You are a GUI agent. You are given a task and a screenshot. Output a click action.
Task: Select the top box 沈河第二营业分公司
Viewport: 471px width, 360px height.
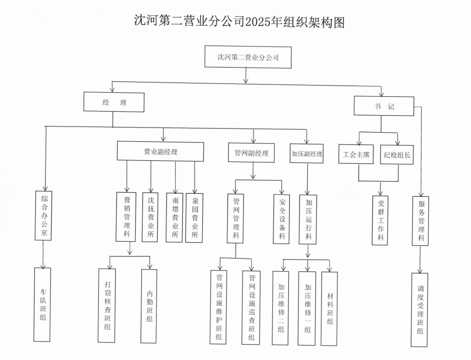[248, 57]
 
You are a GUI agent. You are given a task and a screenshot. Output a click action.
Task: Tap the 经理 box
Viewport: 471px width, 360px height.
[114, 102]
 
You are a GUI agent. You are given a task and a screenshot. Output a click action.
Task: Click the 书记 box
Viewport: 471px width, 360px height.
[383, 107]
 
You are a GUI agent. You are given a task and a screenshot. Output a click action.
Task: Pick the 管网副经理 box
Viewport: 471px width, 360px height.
[251, 153]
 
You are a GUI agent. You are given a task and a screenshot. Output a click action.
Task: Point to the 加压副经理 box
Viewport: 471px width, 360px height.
[307, 153]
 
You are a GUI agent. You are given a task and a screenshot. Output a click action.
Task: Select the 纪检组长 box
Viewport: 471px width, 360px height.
[397, 155]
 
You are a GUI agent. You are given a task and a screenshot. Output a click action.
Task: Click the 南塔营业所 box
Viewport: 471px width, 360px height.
[175, 217]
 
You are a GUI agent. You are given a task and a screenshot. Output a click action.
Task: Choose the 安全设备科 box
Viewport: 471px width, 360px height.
[282, 218]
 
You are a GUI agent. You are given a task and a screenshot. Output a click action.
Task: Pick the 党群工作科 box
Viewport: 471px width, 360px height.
[380, 220]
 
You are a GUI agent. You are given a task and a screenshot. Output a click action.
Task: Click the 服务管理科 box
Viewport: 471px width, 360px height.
[420, 220]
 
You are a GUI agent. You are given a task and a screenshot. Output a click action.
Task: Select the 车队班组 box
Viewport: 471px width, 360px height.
[42, 304]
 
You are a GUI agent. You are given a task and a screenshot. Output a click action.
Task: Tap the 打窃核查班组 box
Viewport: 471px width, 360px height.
[106, 305]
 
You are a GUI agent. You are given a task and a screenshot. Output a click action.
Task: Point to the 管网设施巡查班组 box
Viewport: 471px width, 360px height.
[251, 307]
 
